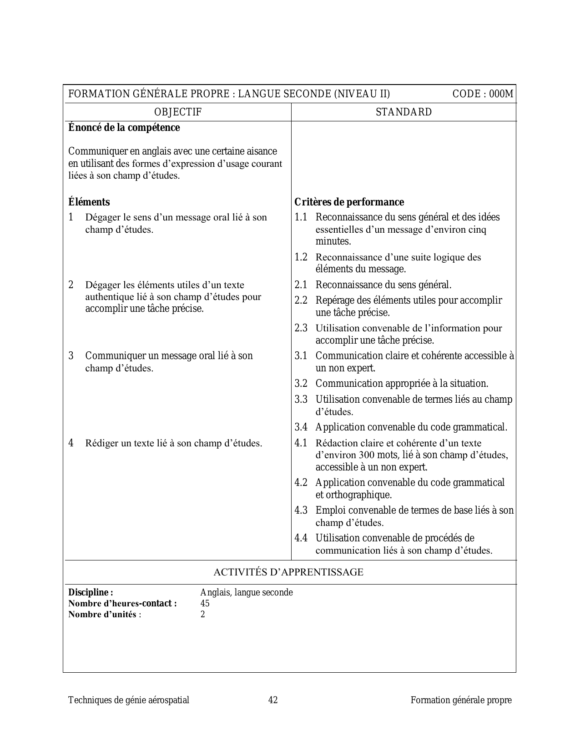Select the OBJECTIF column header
tap(178, 112)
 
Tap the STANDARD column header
tap(403, 112)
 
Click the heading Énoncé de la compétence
tap(124, 128)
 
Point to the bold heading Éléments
tap(89, 202)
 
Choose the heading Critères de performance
tap(349, 202)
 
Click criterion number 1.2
tap(301, 257)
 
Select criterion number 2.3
tap(301, 328)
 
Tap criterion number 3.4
tap(301, 427)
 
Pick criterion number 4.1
tap(301, 443)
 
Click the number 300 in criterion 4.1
tap(367, 455)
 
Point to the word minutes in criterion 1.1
tap(333, 241)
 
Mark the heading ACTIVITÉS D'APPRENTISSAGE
tap(288, 572)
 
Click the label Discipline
tap(90, 593)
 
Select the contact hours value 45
tap(205, 604)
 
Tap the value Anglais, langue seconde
tap(246, 593)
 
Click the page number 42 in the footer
tap(273, 700)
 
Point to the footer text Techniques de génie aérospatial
tap(129, 700)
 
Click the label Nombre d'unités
tap(102, 615)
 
